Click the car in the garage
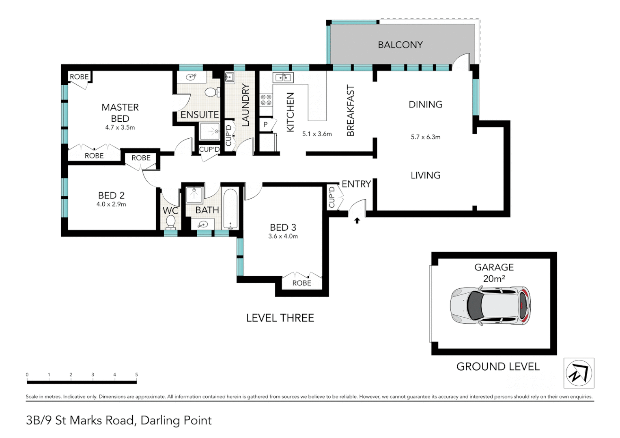pyautogui.click(x=490, y=306)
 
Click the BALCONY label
pyautogui.click(x=400, y=45)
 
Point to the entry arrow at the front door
pyautogui.click(x=357, y=221)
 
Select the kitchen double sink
pyautogui.click(x=283, y=77)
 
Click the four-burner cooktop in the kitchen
pyautogui.click(x=266, y=100)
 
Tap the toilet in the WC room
pyautogui.click(x=170, y=222)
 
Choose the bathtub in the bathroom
pyautogui.click(x=230, y=209)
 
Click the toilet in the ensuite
pyautogui.click(x=213, y=92)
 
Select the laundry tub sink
pyautogui.click(x=230, y=77)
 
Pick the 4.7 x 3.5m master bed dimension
pyautogui.click(x=120, y=128)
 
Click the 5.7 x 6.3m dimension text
pyautogui.click(x=425, y=137)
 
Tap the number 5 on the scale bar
pyautogui.click(x=136, y=375)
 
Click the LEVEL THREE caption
pyautogui.click(x=280, y=318)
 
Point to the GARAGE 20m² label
pyautogui.click(x=494, y=273)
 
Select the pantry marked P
pyautogui.click(x=265, y=125)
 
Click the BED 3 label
pyautogui.click(x=283, y=228)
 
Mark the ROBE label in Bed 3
pyautogui.click(x=302, y=283)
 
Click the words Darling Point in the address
pyautogui.click(x=176, y=420)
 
